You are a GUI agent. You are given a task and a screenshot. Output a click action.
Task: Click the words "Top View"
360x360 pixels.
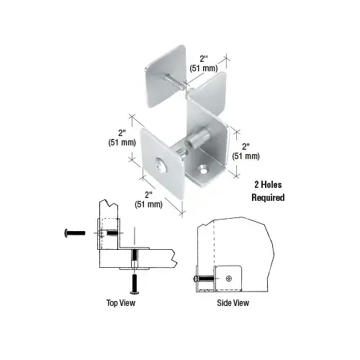pyautogui.click(x=116, y=303)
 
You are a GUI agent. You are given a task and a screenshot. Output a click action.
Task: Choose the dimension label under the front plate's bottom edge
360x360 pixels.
pyautogui.click(x=150, y=199)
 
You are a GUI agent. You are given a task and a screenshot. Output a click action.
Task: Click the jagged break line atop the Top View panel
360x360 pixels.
pyautogui.click(x=105, y=204)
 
